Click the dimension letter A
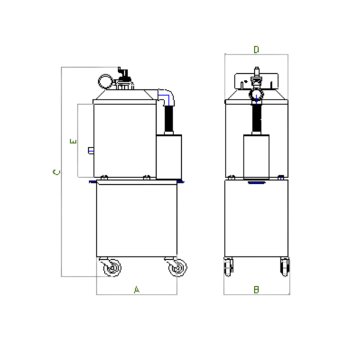tap(137, 290)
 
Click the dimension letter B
tap(256, 290)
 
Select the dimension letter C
tap(56, 172)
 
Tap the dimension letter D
tap(256, 49)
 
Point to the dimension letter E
tap(73, 141)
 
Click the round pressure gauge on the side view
tap(106, 82)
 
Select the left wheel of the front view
tap(228, 267)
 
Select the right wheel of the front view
tap(284, 267)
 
